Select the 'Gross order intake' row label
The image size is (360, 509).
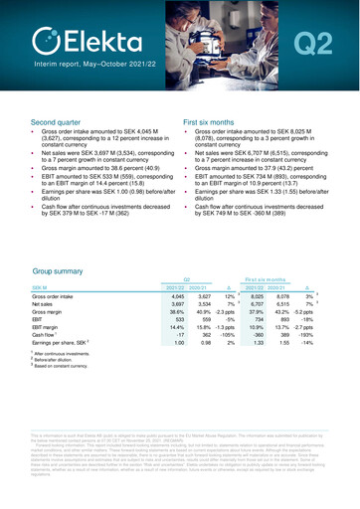click(x=57, y=269)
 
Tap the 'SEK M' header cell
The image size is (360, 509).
click(x=43, y=257)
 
